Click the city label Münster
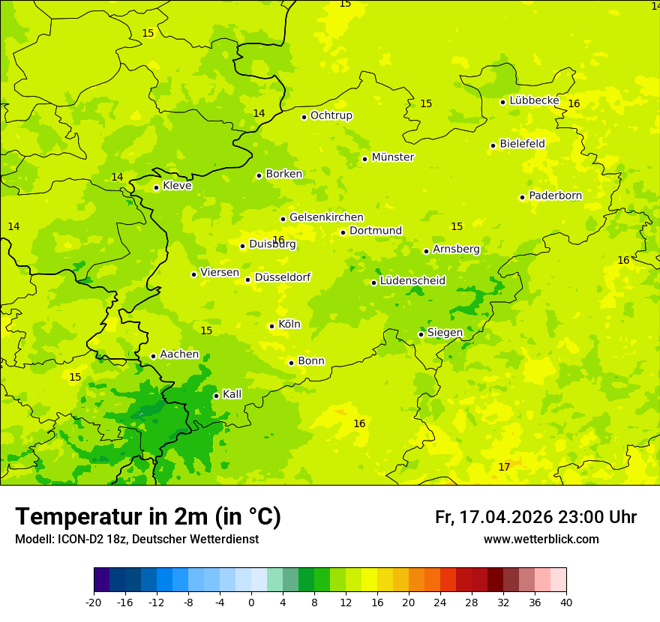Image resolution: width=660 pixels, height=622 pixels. (x=392, y=157)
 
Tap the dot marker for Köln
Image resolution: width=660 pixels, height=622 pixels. (x=271, y=326)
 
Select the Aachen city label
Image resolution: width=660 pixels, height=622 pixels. (x=179, y=354)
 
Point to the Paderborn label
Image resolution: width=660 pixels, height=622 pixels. (x=555, y=196)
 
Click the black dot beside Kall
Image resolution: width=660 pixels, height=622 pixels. (x=216, y=396)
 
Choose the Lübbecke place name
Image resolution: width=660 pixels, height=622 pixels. (x=534, y=100)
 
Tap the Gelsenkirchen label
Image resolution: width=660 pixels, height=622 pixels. (x=326, y=217)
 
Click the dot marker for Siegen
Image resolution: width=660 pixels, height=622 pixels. (x=421, y=334)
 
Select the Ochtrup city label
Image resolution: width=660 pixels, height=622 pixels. (x=331, y=115)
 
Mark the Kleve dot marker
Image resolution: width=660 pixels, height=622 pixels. (x=156, y=187)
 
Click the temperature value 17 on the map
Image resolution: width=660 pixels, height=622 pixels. (x=504, y=467)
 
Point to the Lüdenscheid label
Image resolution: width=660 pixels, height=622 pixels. (x=412, y=281)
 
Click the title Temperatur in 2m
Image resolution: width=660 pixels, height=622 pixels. (x=148, y=516)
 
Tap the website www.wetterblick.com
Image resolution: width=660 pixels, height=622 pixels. (x=541, y=539)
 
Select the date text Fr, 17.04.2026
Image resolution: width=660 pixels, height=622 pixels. (x=493, y=517)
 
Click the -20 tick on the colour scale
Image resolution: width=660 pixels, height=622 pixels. (x=94, y=602)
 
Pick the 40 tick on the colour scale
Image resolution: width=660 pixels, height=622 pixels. (x=566, y=602)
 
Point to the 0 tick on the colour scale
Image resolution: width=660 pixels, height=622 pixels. (x=251, y=602)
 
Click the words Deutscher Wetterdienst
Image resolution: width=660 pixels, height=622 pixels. (x=196, y=539)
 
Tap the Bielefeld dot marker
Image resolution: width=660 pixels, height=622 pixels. (x=493, y=145)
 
